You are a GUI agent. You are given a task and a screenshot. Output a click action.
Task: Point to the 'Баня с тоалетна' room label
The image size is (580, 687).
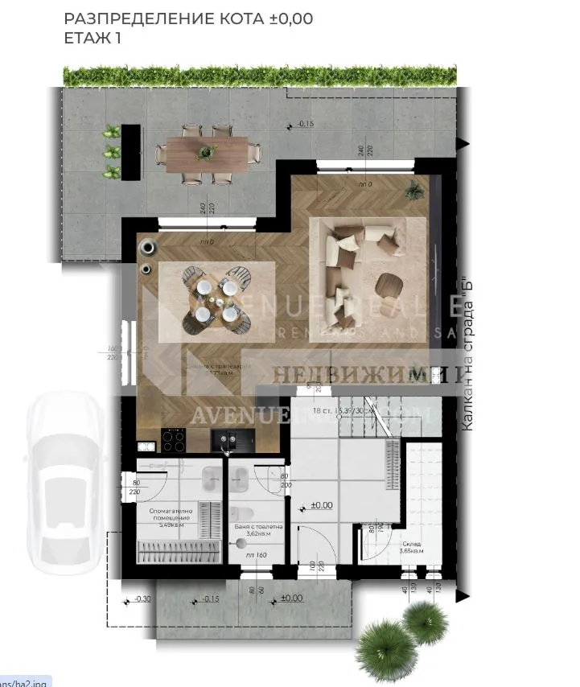[256, 529]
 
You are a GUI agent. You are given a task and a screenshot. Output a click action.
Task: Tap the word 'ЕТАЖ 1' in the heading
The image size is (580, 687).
[92, 38]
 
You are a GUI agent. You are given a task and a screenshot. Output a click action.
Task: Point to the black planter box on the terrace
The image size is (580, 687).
[131, 150]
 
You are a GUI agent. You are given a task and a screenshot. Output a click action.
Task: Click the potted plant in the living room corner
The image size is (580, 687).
[414, 190]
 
